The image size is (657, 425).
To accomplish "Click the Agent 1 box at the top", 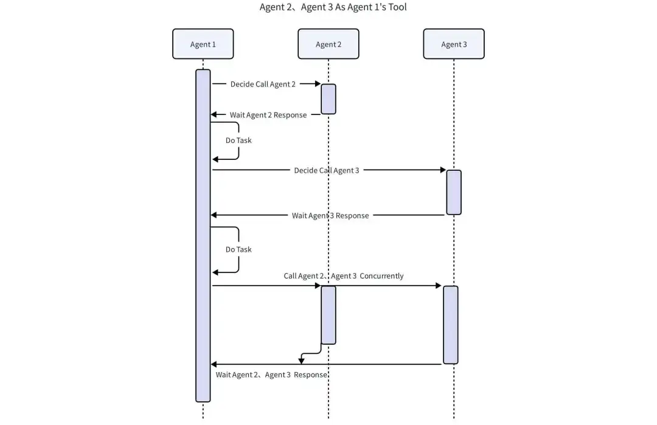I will tap(203, 44).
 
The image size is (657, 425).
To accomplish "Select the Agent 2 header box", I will tap(328, 44).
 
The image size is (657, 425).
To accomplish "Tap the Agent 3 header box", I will tap(454, 44).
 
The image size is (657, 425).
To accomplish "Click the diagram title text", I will tap(333, 7).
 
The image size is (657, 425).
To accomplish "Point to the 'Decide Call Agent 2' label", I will tap(263, 84).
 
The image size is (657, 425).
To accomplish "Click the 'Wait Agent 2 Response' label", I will tap(268, 115).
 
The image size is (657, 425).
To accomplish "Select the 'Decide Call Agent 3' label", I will tap(327, 170).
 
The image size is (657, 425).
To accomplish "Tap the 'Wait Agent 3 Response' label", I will tap(330, 215).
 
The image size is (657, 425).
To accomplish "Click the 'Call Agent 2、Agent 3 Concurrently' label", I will tap(344, 275).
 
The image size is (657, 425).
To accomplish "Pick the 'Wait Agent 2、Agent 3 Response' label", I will tap(272, 375).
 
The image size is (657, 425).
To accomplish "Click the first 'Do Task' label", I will tap(238, 140).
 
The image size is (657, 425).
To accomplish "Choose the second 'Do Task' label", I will tap(238, 249).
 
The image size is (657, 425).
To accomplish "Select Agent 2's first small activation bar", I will tap(328, 98).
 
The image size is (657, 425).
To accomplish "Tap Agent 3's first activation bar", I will tap(454, 192).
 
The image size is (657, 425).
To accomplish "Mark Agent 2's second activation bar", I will tap(328, 315).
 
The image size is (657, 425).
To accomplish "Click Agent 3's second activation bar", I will tap(451, 325).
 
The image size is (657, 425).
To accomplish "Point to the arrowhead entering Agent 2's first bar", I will tap(318, 84).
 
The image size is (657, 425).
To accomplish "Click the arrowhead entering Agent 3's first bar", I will tap(443, 170).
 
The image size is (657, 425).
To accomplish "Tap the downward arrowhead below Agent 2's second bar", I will tap(301, 361).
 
